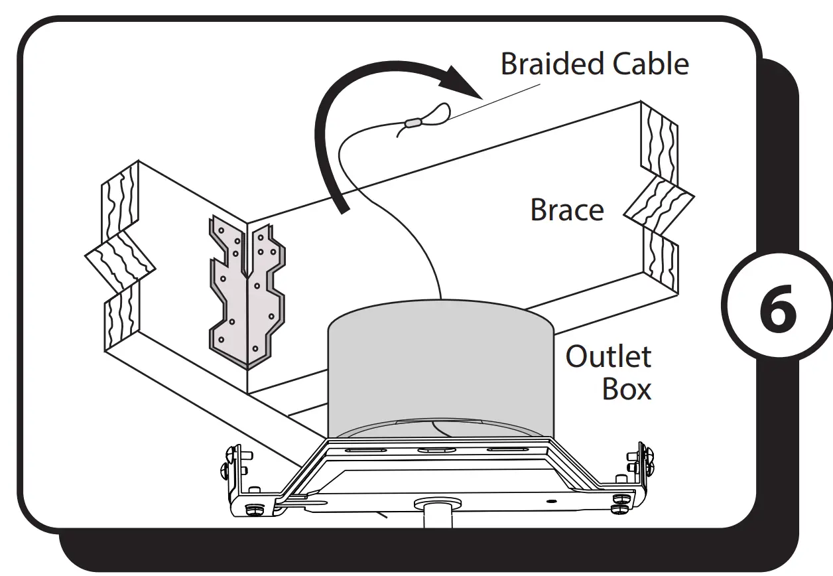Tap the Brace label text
[567, 210]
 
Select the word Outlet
[608, 356]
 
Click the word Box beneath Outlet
[626, 389]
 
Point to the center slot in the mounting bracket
[434, 449]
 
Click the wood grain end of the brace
[659, 199]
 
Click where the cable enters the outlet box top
[440, 298]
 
